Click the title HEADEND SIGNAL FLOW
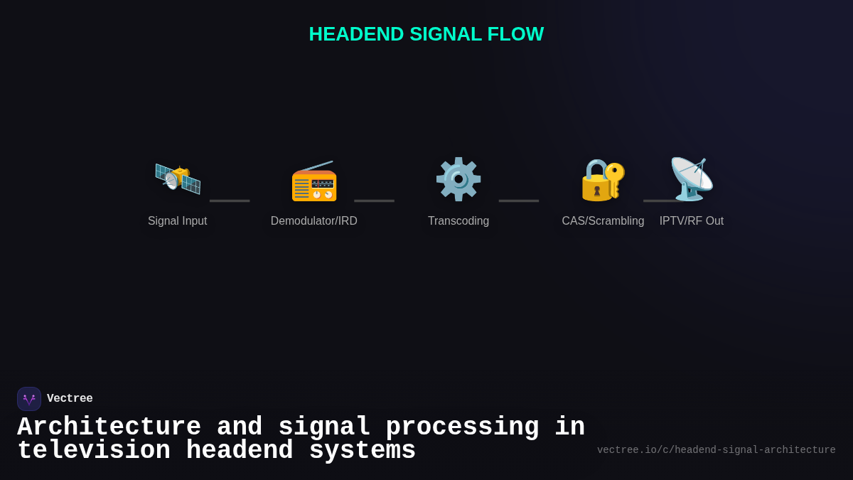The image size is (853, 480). (426, 34)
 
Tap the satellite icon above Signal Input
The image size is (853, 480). (178, 178)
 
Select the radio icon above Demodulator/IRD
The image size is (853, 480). (314, 181)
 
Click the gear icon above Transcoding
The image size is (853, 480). (458, 179)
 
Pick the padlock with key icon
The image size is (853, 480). (603, 179)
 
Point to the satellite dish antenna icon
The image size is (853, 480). (692, 178)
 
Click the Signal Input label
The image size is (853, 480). (178, 221)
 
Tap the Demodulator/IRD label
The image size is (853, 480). (314, 221)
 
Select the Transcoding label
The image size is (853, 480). (458, 221)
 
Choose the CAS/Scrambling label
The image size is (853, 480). (603, 221)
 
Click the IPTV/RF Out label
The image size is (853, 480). (692, 221)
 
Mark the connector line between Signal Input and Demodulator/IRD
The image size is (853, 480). (230, 201)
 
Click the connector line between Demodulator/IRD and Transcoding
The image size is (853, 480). (374, 201)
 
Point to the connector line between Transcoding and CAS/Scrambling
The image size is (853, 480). (519, 201)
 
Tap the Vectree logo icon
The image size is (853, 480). (29, 399)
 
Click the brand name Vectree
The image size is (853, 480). (70, 399)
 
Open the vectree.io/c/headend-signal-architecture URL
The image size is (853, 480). (716, 450)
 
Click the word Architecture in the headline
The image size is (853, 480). (109, 427)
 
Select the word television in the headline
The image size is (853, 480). (94, 451)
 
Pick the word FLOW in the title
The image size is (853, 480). (515, 34)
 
